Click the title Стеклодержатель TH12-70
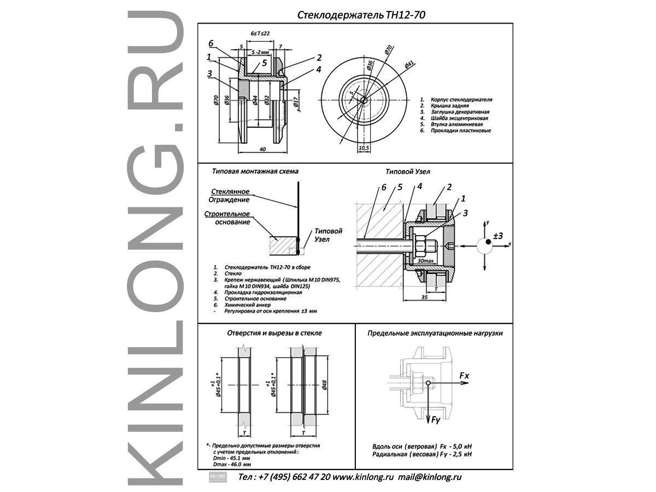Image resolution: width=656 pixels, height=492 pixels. point(361,15)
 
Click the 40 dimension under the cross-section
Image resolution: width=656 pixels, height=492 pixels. point(263,149)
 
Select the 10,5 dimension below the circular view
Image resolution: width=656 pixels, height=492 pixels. point(363,148)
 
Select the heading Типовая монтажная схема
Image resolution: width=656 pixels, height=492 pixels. point(255,171)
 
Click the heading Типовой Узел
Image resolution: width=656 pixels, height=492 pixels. point(408,171)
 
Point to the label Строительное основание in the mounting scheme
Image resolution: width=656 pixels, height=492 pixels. point(227,218)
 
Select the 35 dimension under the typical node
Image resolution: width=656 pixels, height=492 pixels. point(425,298)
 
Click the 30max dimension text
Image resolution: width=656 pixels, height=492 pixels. point(425,261)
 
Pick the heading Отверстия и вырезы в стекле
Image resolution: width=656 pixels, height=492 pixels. point(274,332)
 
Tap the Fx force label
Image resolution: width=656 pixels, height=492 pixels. point(464,376)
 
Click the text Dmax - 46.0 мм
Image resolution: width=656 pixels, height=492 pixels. point(232,464)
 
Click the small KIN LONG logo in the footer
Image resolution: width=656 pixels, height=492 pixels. point(218,477)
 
